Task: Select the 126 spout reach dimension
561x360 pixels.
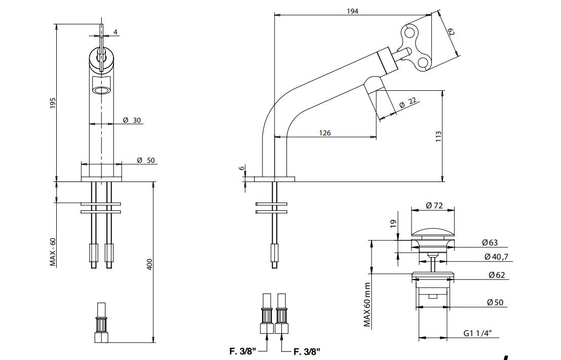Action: pos(325,133)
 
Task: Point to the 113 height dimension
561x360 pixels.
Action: pos(438,136)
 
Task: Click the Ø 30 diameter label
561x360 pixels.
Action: pos(132,120)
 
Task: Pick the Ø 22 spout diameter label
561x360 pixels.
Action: pos(407,102)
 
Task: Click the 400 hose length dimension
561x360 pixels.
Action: pos(149,264)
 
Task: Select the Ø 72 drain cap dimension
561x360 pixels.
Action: pos(435,205)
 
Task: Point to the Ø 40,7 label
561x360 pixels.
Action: pos(496,257)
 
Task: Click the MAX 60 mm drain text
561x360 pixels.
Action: pos(368,304)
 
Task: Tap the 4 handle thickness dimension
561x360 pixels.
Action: pos(116,32)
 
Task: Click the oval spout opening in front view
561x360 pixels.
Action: pos(101,90)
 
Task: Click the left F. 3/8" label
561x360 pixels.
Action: pos(243,350)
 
